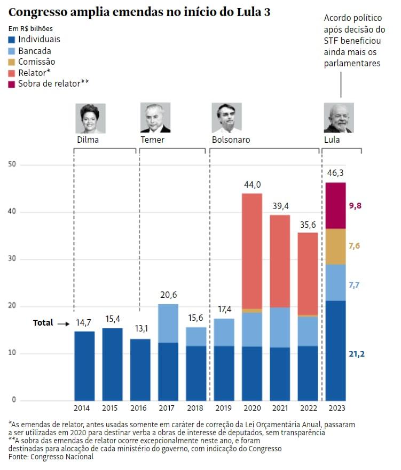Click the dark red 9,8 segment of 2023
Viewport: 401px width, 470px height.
335,206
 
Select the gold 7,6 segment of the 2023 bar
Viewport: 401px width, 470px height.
335,246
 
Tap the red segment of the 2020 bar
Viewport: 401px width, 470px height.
251,251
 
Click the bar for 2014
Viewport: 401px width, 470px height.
84,366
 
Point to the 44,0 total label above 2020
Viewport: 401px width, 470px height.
251,185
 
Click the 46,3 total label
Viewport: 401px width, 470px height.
335,173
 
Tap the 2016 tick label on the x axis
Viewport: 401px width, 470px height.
140,408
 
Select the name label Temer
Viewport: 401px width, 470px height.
153,140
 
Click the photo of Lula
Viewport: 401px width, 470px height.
339,118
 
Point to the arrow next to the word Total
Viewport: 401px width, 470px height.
64,323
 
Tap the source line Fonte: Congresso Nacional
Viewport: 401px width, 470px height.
51,457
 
